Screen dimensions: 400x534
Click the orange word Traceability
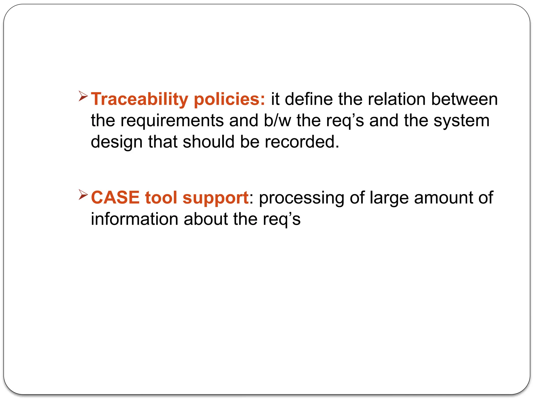click(139, 99)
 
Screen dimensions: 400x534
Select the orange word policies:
click(229, 99)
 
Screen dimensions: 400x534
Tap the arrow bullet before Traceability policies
click(83, 96)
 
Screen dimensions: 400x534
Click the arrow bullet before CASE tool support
click(83, 195)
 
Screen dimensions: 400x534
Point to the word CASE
click(115, 197)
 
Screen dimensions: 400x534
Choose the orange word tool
click(161, 197)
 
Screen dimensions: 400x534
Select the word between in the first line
click(464, 99)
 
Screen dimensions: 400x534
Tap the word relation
click(397, 99)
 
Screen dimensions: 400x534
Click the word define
click(309, 99)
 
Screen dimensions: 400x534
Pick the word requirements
click(172, 121)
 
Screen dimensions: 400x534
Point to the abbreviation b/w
click(277, 121)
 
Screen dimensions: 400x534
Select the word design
click(117, 142)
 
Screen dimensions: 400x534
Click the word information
click(134, 219)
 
